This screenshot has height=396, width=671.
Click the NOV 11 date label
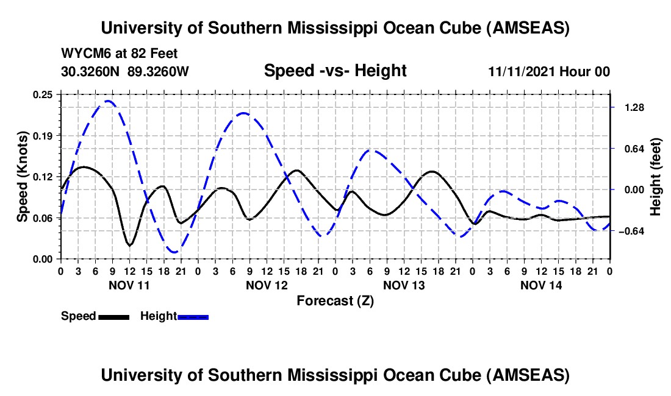point(129,285)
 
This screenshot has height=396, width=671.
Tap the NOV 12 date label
point(267,285)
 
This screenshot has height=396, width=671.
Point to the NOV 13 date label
point(404,285)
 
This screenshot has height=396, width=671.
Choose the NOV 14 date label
point(541,285)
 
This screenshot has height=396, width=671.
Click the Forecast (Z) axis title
point(335,300)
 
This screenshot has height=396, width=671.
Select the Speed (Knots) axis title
point(23,176)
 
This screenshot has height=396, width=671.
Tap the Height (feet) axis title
point(656,176)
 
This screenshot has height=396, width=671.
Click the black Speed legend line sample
point(113,316)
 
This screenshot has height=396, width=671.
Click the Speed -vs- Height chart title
point(335,71)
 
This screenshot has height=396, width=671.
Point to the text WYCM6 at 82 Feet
point(120,54)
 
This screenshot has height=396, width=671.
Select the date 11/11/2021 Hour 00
point(549,71)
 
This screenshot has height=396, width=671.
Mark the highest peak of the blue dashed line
point(108,101)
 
